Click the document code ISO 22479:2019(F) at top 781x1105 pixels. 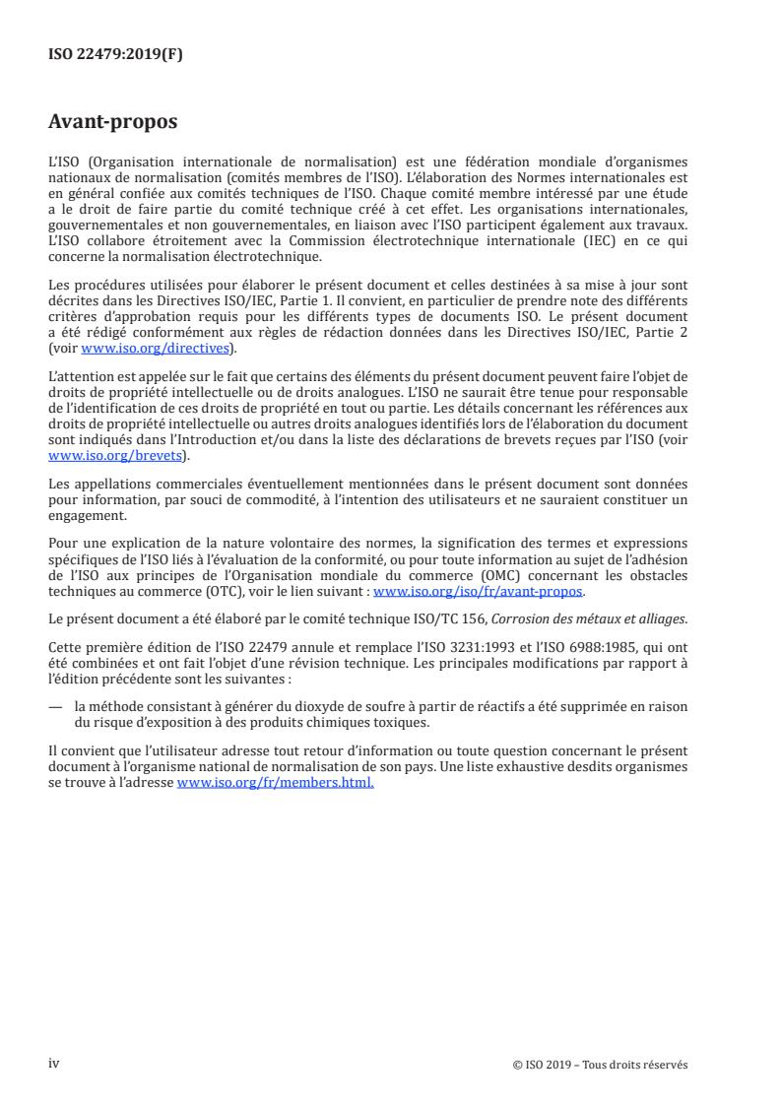pyautogui.click(x=115, y=55)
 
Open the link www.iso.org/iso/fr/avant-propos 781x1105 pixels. pyautogui.click(x=479, y=591)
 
